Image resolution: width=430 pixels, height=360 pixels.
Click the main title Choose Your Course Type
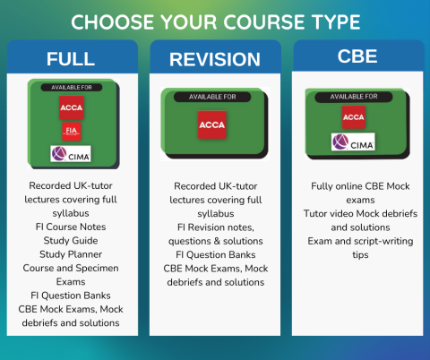coord(215,21)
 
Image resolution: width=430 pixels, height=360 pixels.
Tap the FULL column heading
coord(72,60)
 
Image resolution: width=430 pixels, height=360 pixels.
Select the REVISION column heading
coord(216,60)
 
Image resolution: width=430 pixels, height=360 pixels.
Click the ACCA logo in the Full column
coord(71,108)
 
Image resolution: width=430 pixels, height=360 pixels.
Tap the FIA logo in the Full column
coord(71,132)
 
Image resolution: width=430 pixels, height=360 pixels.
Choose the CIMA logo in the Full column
coord(71,153)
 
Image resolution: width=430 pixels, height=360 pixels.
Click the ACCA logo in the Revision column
coord(212,123)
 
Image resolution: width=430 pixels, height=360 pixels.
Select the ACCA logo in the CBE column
coord(354,116)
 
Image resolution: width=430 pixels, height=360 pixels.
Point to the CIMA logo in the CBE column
coord(353,141)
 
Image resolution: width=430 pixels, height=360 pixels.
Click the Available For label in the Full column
coord(72,87)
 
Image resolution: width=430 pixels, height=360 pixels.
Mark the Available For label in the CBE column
coord(354,96)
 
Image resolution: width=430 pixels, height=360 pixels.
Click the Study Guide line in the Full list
coord(71,240)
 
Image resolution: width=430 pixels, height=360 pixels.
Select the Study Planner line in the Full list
coord(71,253)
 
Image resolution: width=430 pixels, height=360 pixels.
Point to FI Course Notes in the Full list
coord(71,227)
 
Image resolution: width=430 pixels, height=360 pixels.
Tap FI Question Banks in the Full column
coord(71,295)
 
